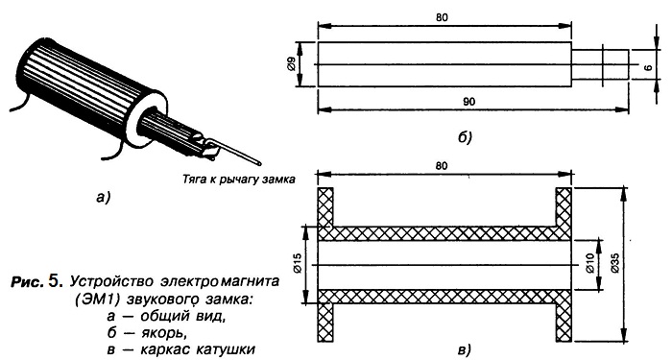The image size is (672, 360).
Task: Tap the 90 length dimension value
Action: [x=469, y=102]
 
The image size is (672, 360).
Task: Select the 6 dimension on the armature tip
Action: [x=648, y=67]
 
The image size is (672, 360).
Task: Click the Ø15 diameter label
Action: [x=299, y=263]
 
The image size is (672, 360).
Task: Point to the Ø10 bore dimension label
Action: [x=590, y=264]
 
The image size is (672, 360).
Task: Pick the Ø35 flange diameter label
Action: [x=614, y=262]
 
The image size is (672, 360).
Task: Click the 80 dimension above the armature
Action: [x=442, y=17]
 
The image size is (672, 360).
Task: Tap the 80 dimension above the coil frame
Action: [x=441, y=165]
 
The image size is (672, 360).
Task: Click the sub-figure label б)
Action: [x=464, y=137]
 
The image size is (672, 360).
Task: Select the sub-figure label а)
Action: [x=103, y=198]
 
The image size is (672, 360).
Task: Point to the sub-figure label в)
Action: [x=464, y=349]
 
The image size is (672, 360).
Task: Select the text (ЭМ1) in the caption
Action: [x=97, y=300]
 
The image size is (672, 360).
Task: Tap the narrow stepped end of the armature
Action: [x=600, y=64]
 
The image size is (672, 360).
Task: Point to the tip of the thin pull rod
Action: [x=259, y=163]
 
